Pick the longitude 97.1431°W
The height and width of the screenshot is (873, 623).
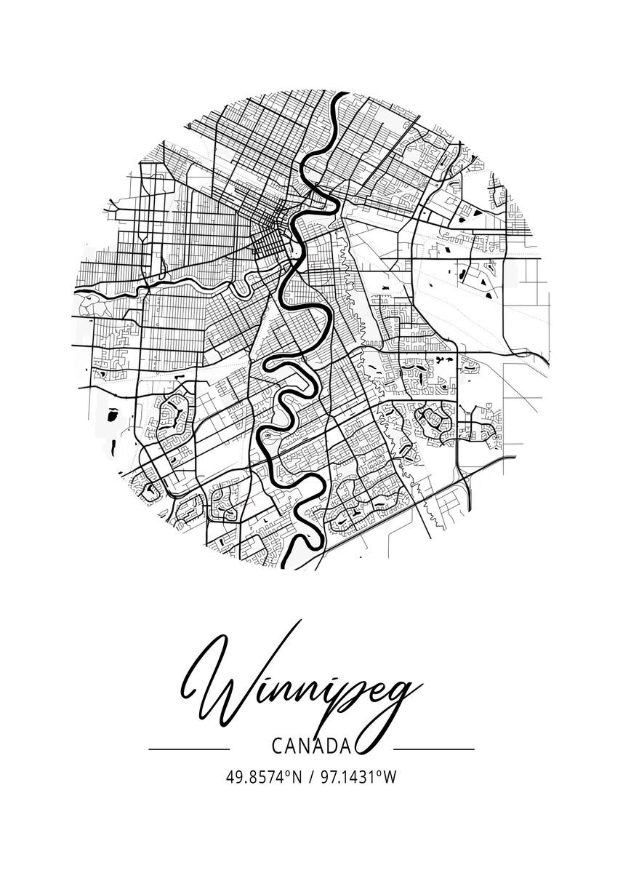[357, 777]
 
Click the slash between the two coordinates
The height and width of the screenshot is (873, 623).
[310, 777]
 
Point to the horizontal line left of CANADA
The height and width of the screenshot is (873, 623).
[188, 748]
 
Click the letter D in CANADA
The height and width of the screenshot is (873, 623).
[329, 746]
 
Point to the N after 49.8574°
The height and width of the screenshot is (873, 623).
[296, 777]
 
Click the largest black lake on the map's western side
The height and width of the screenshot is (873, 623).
[112, 415]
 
